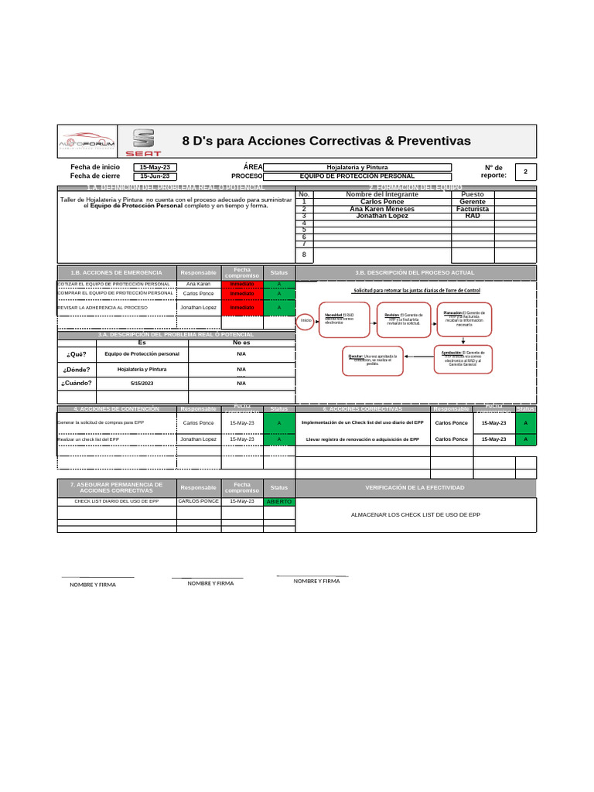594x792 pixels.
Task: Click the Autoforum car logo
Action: pos(87,141)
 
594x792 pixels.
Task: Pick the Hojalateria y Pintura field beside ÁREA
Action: pos(357,167)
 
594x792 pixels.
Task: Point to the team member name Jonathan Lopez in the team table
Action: pos(382,216)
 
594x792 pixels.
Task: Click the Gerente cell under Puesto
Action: pos(473,201)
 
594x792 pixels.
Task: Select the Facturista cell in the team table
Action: pos(473,209)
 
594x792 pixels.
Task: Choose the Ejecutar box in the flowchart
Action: pos(372,359)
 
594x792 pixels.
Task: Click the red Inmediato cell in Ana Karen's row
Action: pos(241,284)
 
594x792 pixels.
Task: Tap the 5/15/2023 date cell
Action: pos(142,383)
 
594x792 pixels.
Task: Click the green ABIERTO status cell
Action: pos(279,502)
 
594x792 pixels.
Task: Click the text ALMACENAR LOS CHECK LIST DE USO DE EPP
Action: pos(415,514)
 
